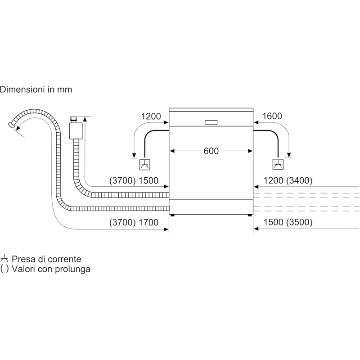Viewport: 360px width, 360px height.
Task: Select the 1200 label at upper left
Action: [151, 117]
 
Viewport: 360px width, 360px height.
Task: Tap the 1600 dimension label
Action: [272, 117]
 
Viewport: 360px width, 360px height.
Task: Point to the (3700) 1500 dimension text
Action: [134, 181]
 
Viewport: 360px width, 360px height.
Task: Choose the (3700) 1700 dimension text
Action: [134, 223]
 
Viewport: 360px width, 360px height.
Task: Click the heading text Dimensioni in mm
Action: [36, 90]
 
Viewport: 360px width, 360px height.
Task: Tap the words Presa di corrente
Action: [47, 259]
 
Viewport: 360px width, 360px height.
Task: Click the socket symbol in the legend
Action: [4, 259]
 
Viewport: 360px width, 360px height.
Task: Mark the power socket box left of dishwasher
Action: [145, 165]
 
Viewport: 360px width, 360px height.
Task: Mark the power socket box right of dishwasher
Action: [279, 165]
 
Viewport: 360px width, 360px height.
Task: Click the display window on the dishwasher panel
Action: [211, 121]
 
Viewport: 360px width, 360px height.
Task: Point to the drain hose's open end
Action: [12, 124]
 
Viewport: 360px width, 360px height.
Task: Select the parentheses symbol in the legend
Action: [4, 269]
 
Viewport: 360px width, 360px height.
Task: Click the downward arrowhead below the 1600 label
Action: [289, 155]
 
